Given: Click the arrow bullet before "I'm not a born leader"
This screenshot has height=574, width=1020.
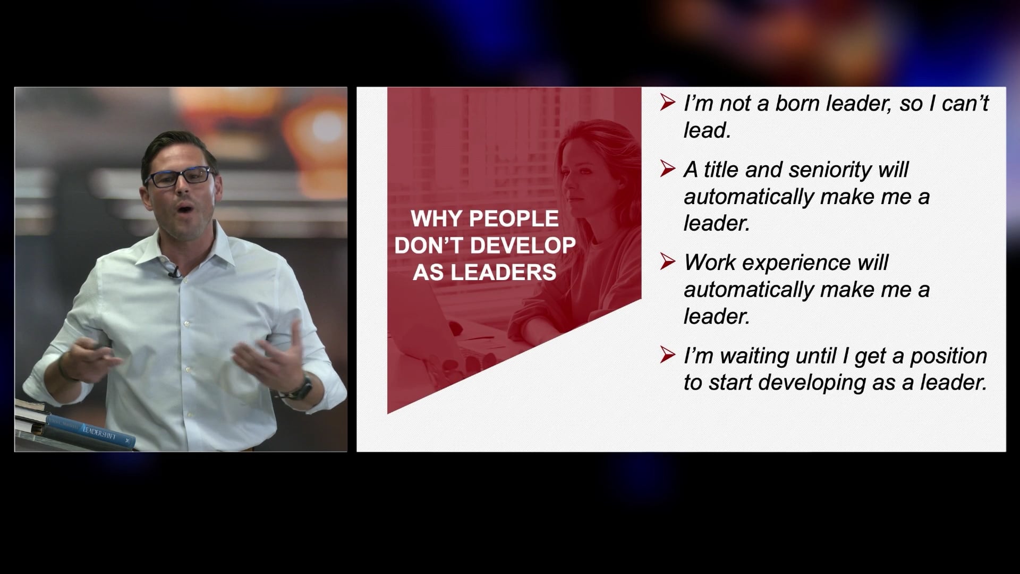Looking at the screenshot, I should [x=667, y=102].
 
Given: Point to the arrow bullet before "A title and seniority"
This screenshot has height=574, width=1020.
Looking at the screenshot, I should [x=667, y=168].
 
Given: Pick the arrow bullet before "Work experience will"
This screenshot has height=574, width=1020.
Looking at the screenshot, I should [x=667, y=261].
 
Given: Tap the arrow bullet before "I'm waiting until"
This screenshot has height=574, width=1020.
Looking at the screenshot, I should [x=667, y=354].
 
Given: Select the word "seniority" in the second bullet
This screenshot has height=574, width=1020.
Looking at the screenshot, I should [x=830, y=170].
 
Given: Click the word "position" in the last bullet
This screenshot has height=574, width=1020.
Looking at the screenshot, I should [x=948, y=356].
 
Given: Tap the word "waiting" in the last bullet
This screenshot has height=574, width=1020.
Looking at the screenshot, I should [x=754, y=356].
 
